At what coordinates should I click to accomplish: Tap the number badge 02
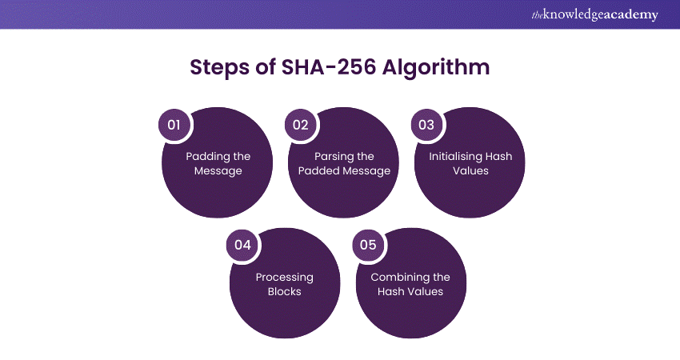click(x=300, y=125)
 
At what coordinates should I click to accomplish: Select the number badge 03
click(x=426, y=125)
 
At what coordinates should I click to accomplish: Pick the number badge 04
click(x=242, y=245)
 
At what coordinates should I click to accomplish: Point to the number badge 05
click(x=368, y=245)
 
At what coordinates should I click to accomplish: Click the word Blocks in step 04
click(x=285, y=292)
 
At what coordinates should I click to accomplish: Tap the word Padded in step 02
click(x=317, y=171)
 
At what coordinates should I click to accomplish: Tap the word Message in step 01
click(x=218, y=171)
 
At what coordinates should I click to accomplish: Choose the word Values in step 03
click(x=470, y=171)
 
